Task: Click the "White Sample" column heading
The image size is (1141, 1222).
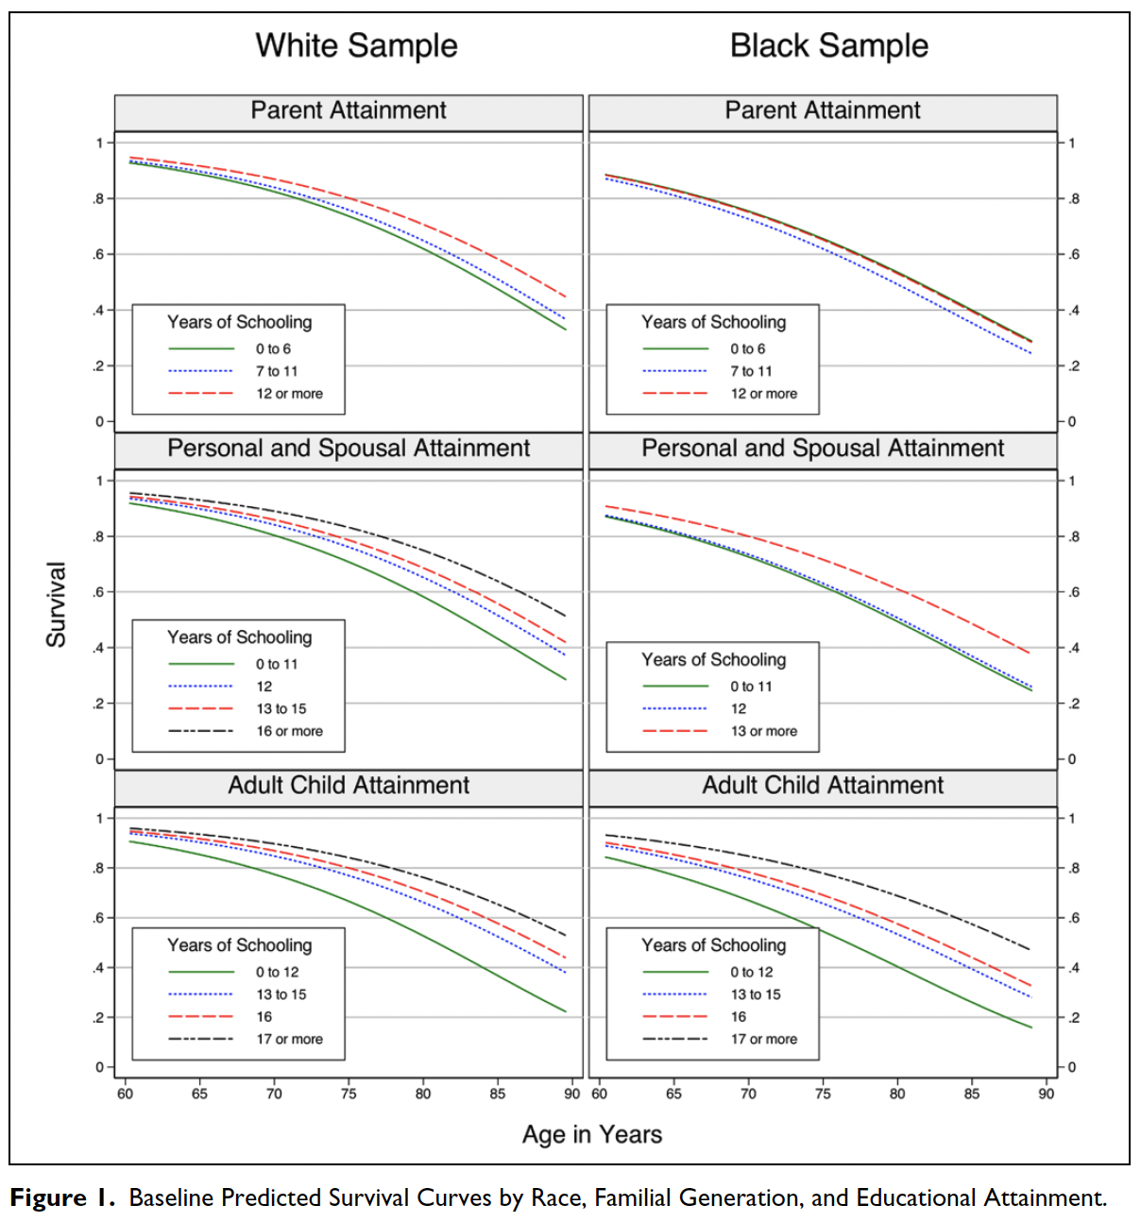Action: click(356, 45)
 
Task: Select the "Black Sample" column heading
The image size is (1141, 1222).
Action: click(828, 45)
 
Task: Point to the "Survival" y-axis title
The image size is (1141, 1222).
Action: click(57, 604)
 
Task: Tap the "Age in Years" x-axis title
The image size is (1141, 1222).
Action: click(592, 1134)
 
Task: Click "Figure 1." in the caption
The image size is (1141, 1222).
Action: click(62, 1197)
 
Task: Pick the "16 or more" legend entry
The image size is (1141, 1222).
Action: click(289, 731)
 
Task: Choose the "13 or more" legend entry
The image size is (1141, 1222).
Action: click(763, 731)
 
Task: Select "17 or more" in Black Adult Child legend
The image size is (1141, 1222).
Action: click(763, 1039)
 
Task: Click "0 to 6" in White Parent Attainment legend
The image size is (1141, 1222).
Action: click(273, 348)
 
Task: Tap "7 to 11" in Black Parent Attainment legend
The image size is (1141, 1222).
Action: click(751, 371)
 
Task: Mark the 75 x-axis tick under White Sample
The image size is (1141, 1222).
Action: click(349, 1094)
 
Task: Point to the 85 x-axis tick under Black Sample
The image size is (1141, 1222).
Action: click(971, 1094)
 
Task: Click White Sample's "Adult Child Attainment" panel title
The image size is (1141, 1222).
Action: click(349, 785)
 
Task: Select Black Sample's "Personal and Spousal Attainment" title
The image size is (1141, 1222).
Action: click(823, 448)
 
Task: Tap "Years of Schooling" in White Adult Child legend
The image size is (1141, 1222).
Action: click(239, 945)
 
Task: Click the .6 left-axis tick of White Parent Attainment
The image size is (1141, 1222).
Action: click(99, 254)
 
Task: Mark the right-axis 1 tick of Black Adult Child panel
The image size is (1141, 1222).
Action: click(1071, 818)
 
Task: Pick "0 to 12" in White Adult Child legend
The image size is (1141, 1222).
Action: click(277, 972)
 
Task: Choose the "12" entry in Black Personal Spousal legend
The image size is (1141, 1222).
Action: click(738, 708)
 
